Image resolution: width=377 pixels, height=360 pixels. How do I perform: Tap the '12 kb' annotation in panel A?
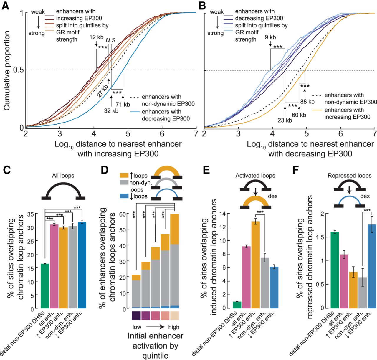tap(96, 37)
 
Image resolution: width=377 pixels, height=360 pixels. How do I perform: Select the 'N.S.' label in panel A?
tap(111, 40)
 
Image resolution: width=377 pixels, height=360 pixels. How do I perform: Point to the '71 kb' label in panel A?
tap(123, 105)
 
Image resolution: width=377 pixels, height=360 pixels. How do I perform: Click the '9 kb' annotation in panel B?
tap(270, 37)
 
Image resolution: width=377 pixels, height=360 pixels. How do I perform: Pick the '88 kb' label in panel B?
tap(307, 102)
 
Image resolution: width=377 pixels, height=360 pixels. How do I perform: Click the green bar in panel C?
tap(45, 286)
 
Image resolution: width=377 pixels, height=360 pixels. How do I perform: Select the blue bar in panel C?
tap(82, 265)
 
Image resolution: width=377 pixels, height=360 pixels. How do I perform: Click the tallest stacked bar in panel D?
tap(175, 262)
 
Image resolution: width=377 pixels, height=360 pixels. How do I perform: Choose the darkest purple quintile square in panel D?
tap(136, 316)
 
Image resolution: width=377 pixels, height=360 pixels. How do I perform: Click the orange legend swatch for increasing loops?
tap(124, 176)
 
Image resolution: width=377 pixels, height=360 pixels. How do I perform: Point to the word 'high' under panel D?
tap(174, 327)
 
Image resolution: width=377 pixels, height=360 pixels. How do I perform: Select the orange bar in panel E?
tap(256, 265)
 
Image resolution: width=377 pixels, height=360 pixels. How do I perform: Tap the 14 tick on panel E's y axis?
tap(223, 214)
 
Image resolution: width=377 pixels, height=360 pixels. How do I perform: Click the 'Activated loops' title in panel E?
tap(255, 176)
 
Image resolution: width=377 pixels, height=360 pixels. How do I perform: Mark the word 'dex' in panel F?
tap(365, 196)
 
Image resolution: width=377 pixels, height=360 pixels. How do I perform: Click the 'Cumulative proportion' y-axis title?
tap(7, 71)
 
